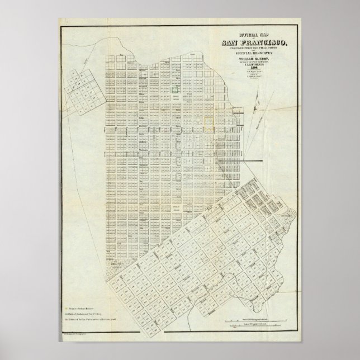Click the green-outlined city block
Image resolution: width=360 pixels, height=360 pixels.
(x=175, y=88)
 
